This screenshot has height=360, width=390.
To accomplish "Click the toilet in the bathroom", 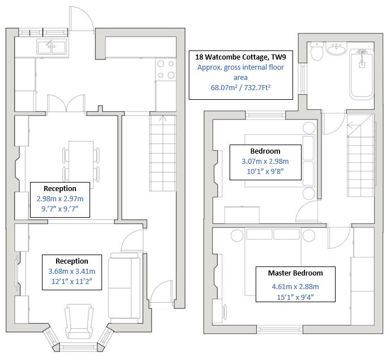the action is pos(317,52).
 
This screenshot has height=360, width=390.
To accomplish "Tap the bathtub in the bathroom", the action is pos(361,74).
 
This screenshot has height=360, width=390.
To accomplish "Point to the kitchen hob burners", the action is pos(165,69).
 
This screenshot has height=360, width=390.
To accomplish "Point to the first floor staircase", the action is pos(361,159).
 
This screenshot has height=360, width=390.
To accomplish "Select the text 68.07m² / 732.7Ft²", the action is pos(240,88).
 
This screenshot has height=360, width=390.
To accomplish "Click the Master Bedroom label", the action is pos(295,273).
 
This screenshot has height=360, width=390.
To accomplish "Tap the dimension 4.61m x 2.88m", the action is pos(295,286).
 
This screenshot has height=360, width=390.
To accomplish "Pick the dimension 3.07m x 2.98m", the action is pos(265,161).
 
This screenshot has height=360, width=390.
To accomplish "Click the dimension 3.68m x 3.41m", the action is pos(72,272).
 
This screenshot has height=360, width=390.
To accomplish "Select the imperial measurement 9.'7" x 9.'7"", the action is pos(60,209).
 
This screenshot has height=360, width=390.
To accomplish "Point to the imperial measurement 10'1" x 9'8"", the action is pos(265,172).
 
